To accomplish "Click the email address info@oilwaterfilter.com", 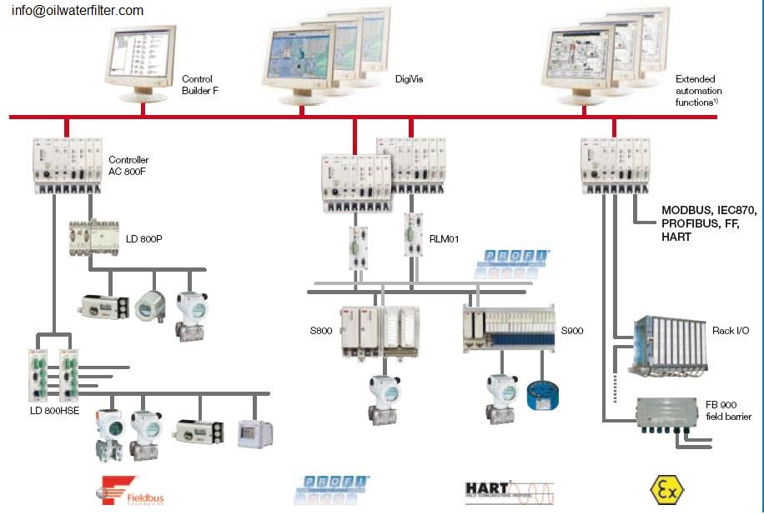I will coord(77,11).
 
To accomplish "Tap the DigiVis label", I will coord(410,79).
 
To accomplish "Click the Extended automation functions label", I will coord(698,90).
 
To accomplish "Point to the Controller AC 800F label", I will coord(128,165).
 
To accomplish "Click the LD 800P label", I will coord(143,240).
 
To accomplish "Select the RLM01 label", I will coord(445,239).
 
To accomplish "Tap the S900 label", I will coord(572,331).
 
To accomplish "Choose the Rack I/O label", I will coord(731,331).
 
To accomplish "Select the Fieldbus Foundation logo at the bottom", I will coord(133,490).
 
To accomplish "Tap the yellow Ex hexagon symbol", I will coord(666,490).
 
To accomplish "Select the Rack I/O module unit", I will coord(671,342).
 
